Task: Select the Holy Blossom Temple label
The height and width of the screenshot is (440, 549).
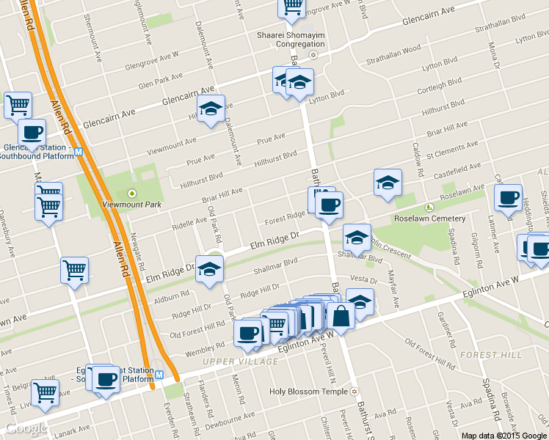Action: [x=308, y=392]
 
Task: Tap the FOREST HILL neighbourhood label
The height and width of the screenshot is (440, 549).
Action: [x=491, y=355]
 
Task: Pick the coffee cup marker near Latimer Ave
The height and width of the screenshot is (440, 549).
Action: [x=508, y=197]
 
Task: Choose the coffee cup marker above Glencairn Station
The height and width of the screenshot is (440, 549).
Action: [x=31, y=133]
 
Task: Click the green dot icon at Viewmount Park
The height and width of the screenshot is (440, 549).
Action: [x=132, y=193]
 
